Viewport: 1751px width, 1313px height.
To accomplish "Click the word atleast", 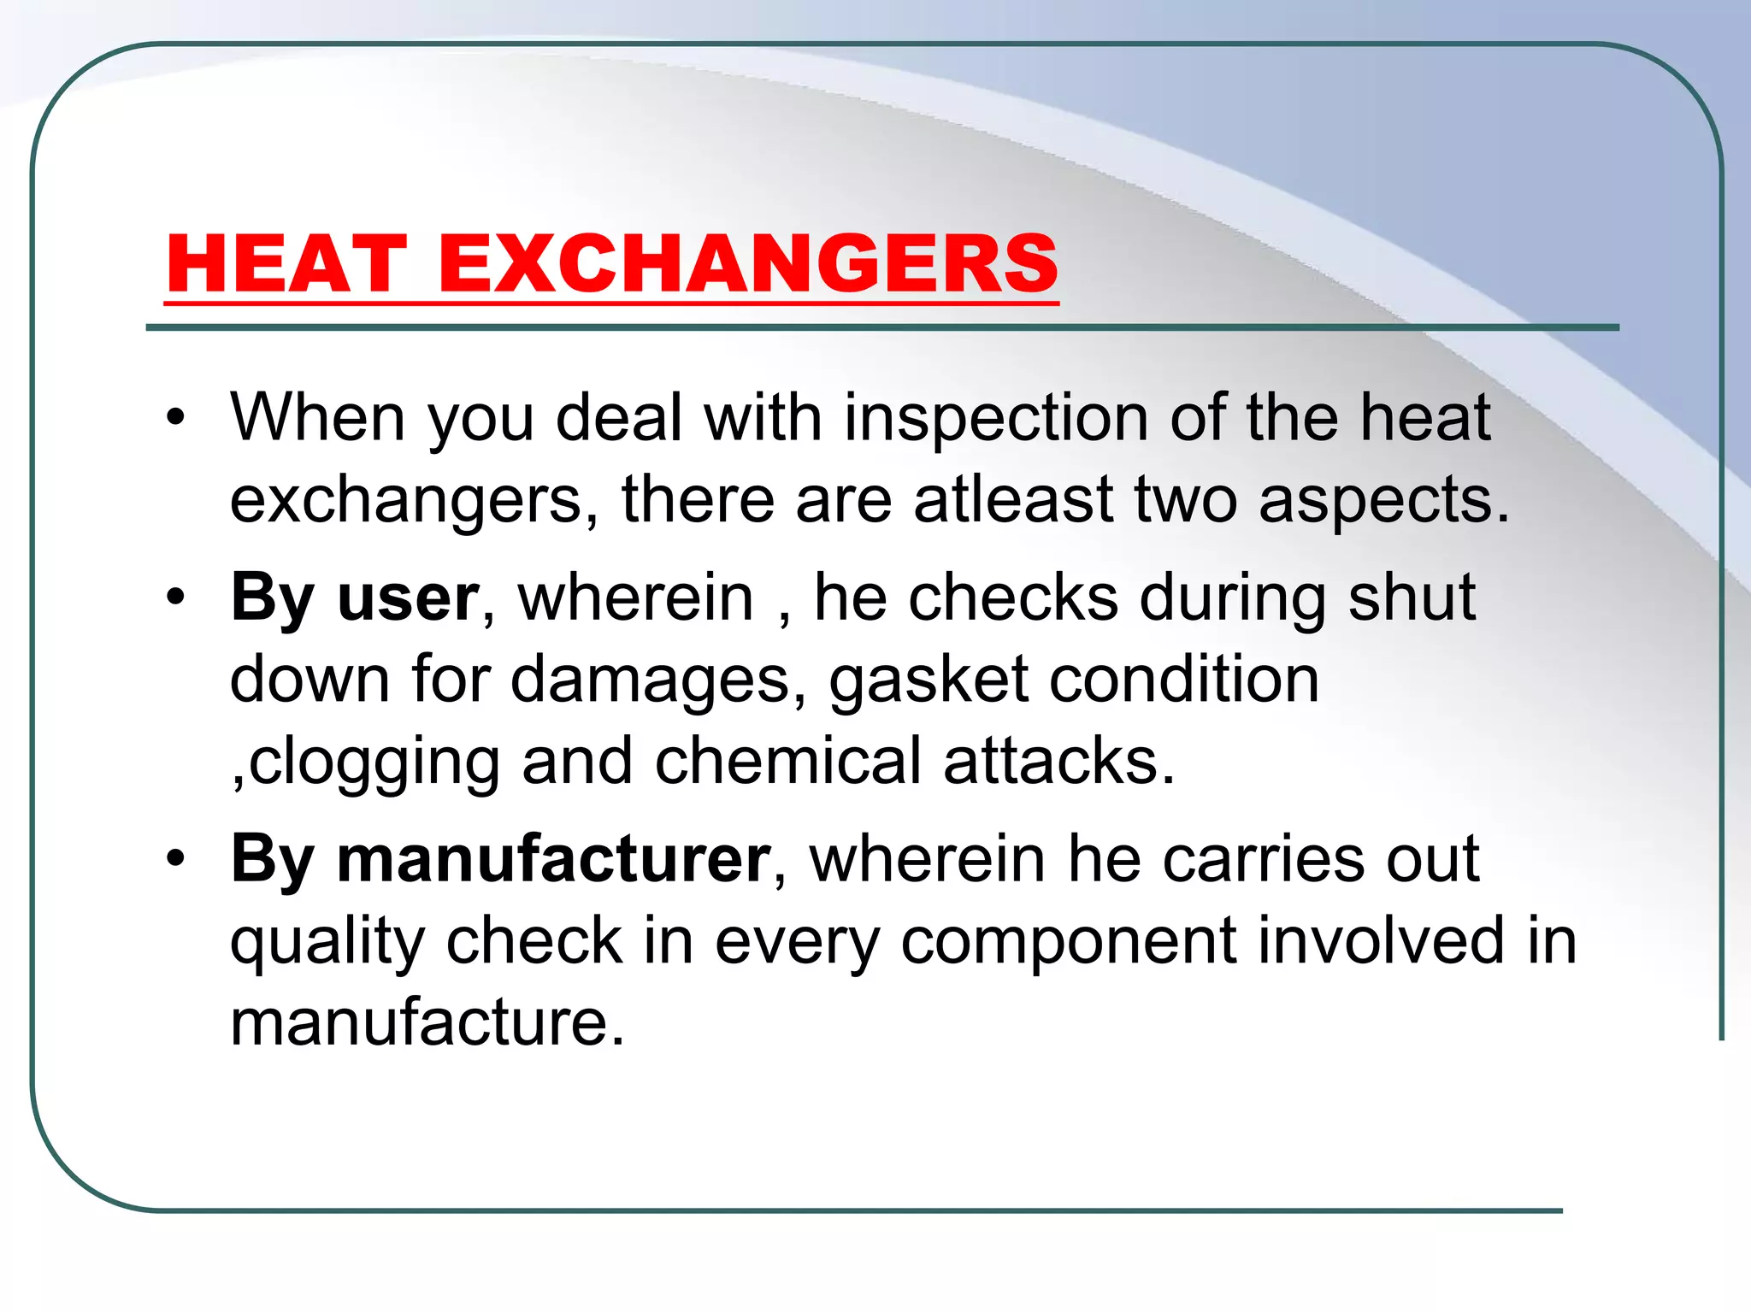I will click(x=1013, y=500).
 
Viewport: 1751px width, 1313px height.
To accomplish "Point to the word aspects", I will click(x=1383, y=502).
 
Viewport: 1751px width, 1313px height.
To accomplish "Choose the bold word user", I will click(x=409, y=598).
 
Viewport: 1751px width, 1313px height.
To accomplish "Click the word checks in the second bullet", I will click(x=1013, y=598).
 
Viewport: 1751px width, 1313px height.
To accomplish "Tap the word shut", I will click(x=1412, y=598).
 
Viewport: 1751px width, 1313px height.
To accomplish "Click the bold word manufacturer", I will click(x=554, y=859).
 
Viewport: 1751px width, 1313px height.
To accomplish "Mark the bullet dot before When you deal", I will click(x=176, y=418).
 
